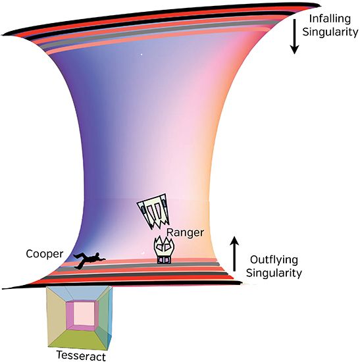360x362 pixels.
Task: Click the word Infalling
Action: (x=330, y=19)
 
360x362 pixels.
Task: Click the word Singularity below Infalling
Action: (x=330, y=32)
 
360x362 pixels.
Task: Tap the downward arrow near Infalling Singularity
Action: (x=294, y=36)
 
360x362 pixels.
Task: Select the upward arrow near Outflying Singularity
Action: (x=235, y=253)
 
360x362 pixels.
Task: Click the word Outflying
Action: (x=274, y=260)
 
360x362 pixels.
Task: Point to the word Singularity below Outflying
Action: (x=274, y=273)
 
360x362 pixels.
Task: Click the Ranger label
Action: (x=185, y=233)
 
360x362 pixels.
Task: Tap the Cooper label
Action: (x=44, y=254)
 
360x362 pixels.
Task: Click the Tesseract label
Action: (x=81, y=355)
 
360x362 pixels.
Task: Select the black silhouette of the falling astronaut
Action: (x=90, y=260)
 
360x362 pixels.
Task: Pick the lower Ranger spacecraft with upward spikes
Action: (x=164, y=250)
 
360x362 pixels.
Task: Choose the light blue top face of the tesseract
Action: (x=79, y=294)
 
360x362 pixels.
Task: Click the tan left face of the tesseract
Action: (x=57, y=317)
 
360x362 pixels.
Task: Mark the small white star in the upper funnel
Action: (x=141, y=55)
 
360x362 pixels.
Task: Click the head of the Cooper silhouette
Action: (x=97, y=255)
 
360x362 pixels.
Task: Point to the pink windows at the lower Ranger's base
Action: (x=164, y=261)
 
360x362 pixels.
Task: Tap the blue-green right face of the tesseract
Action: (x=105, y=317)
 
